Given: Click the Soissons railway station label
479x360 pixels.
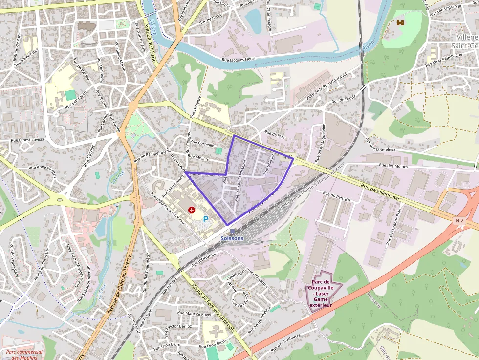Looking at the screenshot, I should point(232,238).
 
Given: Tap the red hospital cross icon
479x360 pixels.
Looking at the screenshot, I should point(192,210).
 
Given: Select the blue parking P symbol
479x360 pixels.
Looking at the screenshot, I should point(206,220).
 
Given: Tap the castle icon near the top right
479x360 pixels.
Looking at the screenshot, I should point(401,22).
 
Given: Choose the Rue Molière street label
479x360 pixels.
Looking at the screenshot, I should point(198,158).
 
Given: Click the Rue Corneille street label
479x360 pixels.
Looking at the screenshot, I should point(202,145).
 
